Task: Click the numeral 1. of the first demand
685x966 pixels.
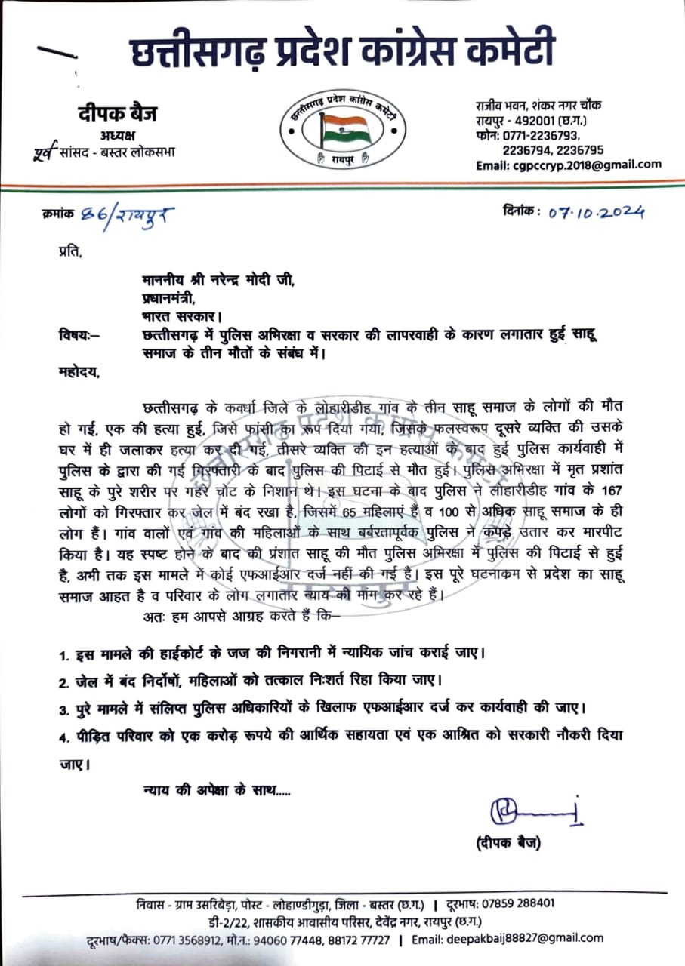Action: pyautogui.click(x=65, y=652)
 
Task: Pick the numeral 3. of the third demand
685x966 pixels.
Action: pyautogui.click(x=65, y=709)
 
